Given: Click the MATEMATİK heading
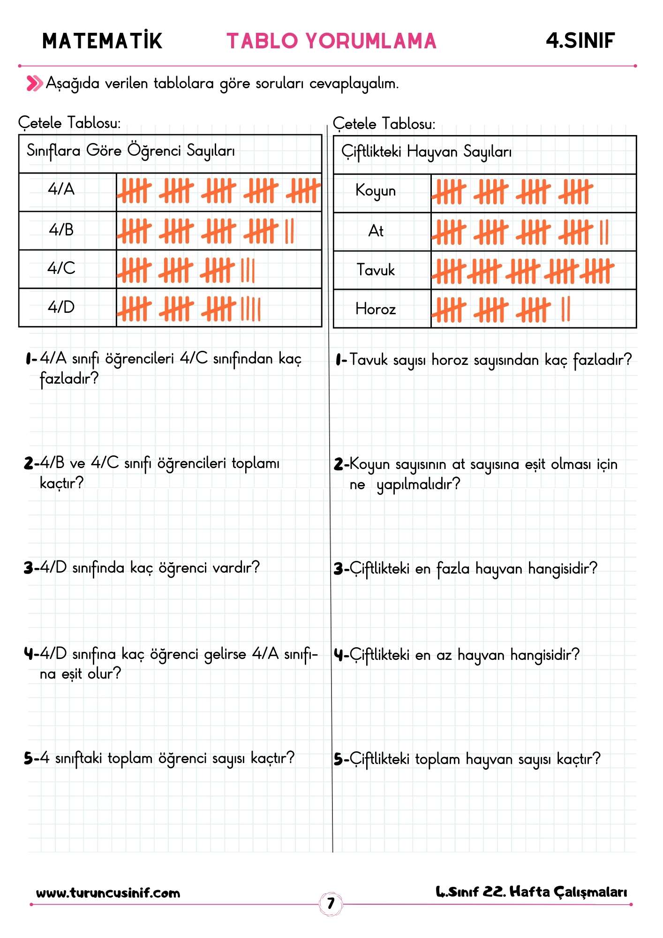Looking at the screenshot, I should click(x=102, y=41).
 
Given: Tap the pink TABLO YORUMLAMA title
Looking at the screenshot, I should click(x=331, y=41).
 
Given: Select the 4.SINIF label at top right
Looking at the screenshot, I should click(x=580, y=41).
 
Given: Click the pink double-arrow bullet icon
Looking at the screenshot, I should click(x=34, y=83).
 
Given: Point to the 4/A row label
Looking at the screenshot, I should click(x=61, y=189).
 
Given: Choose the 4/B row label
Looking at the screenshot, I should click(x=61, y=230).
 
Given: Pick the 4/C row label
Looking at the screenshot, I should click(x=61, y=268).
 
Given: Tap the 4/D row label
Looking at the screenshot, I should click(x=61, y=307).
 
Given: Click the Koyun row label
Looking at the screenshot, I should click(x=376, y=191).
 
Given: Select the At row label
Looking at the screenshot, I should click(x=376, y=231).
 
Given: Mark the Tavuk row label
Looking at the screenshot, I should click(x=376, y=270).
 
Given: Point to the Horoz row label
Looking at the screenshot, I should click(x=376, y=309).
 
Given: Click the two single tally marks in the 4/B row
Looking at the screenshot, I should click(x=289, y=231).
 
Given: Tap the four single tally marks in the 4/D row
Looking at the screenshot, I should click(x=250, y=309).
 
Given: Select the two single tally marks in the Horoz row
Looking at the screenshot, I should click(x=565, y=309).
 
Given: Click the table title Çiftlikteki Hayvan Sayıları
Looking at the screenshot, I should click(x=426, y=152).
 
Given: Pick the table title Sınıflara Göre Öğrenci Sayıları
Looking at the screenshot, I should click(x=131, y=151).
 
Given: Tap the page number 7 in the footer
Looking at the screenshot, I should click(x=331, y=903).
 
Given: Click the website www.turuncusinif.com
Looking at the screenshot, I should click(x=108, y=893).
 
